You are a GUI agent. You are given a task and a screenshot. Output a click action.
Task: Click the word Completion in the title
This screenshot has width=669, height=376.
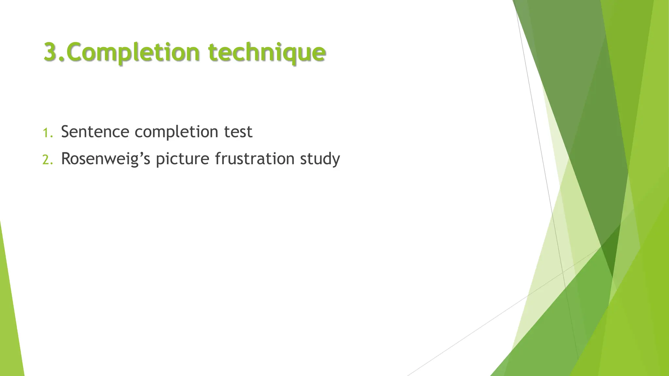click(x=134, y=52)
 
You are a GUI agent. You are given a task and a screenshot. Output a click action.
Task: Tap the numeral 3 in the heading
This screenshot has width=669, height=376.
click(x=51, y=52)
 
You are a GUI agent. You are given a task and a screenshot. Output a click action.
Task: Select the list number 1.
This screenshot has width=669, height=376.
click(x=47, y=133)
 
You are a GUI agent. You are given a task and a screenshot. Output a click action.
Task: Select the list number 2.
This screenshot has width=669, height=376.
click(x=47, y=160)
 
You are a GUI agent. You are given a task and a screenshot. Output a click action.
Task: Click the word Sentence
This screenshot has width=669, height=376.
click(x=95, y=132)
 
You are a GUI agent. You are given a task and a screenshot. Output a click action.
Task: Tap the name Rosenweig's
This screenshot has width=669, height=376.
click(x=106, y=159)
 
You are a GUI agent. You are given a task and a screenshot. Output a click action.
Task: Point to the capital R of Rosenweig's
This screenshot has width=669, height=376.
click(x=66, y=159)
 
